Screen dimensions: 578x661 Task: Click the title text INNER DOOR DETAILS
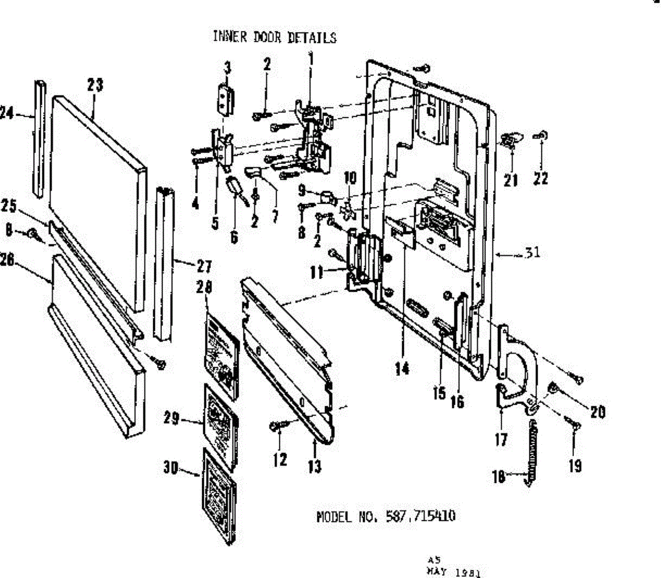pyautogui.click(x=274, y=37)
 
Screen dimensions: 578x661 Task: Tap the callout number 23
pyautogui.click(x=95, y=85)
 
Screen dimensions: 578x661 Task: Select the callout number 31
pyautogui.click(x=532, y=253)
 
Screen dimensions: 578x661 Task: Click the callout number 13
pyautogui.click(x=315, y=466)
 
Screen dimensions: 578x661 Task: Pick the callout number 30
pyautogui.click(x=170, y=467)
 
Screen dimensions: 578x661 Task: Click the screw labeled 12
pyautogui.click(x=275, y=426)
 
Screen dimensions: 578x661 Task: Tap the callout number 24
pyautogui.click(x=7, y=113)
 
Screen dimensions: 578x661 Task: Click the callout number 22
pyautogui.click(x=541, y=178)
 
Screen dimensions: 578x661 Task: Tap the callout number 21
pyautogui.click(x=511, y=179)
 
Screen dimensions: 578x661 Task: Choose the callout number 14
pyautogui.click(x=402, y=368)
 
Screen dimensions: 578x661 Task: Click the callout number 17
pyautogui.click(x=501, y=440)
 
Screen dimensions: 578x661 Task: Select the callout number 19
pyautogui.click(x=575, y=466)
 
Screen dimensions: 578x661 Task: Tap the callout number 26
pyautogui.click(x=7, y=260)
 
